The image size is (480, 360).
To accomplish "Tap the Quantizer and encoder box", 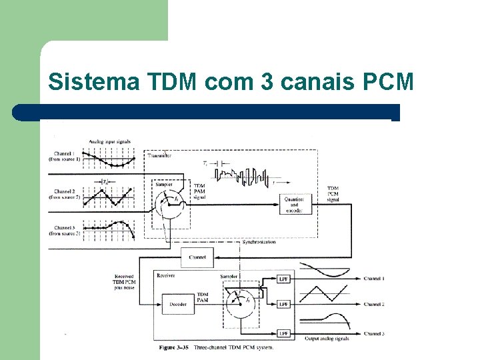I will coord(294,203).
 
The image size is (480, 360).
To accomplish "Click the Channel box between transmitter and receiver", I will coord(197,257).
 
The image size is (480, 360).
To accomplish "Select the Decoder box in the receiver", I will coord(177,303).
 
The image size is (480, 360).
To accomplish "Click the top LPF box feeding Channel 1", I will coord(284,278).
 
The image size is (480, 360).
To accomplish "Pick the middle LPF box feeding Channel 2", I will coord(284,304).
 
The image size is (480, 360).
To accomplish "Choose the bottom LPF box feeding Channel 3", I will coord(284,333).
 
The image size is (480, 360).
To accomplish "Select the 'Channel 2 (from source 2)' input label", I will coord(65,195).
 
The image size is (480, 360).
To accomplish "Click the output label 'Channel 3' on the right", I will coord(374,333).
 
